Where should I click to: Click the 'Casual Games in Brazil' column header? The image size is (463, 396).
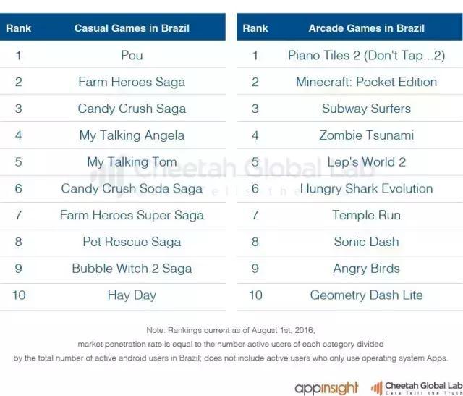(x=132, y=28)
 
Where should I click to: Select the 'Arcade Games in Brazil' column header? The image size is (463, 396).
(x=366, y=28)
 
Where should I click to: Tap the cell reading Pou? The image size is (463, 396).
(x=132, y=55)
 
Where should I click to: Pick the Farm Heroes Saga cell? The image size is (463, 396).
(x=132, y=82)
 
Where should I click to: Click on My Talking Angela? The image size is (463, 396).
(x=132, y=135)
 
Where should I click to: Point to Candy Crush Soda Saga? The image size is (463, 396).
(x=132, y=188)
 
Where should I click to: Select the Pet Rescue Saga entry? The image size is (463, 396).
(x=132, y=242)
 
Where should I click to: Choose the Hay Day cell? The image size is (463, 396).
(x=132, y=295)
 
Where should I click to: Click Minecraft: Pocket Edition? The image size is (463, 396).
(x=366, y=82)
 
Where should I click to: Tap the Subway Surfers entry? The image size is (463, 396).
(x=366, y=109)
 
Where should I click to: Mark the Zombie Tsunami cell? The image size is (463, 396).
(x=366, y=135)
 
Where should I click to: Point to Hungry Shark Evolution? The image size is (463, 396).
(x=366, y=188)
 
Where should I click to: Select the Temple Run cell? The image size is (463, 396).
(x=366, y=215)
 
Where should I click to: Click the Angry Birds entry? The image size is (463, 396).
(x=366, y=269)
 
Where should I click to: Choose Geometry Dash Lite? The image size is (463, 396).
(x=366, y=295)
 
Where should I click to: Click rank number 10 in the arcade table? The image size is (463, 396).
(x=255, y=295)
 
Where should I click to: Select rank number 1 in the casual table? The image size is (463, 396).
(x=19, y=55)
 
